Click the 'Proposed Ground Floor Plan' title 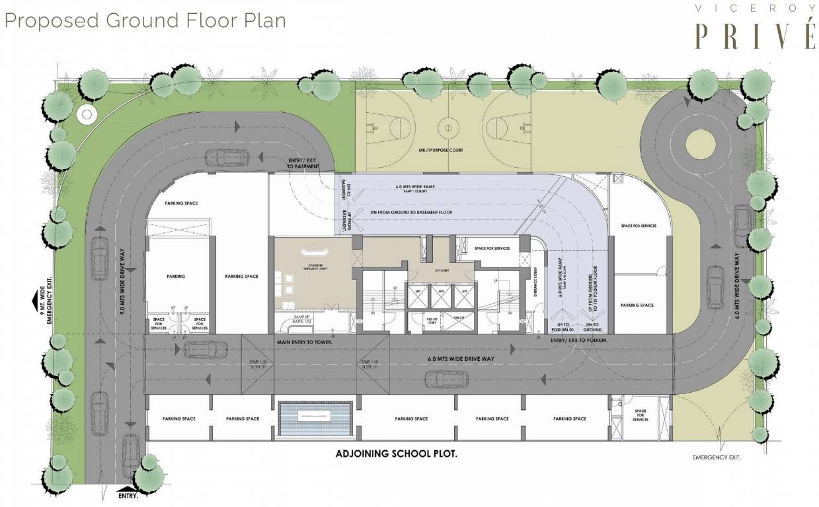pos(145,20)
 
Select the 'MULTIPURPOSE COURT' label pos(441,151)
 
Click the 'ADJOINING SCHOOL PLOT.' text pos(397,454)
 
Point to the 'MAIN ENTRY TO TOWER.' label pos(305,342)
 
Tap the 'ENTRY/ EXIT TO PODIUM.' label pos(579,339)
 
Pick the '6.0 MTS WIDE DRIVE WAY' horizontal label pos(461,358)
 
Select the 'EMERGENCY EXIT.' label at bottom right pos(717,457)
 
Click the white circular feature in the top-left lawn pos(86,115)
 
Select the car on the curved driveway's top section pos(227,158)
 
